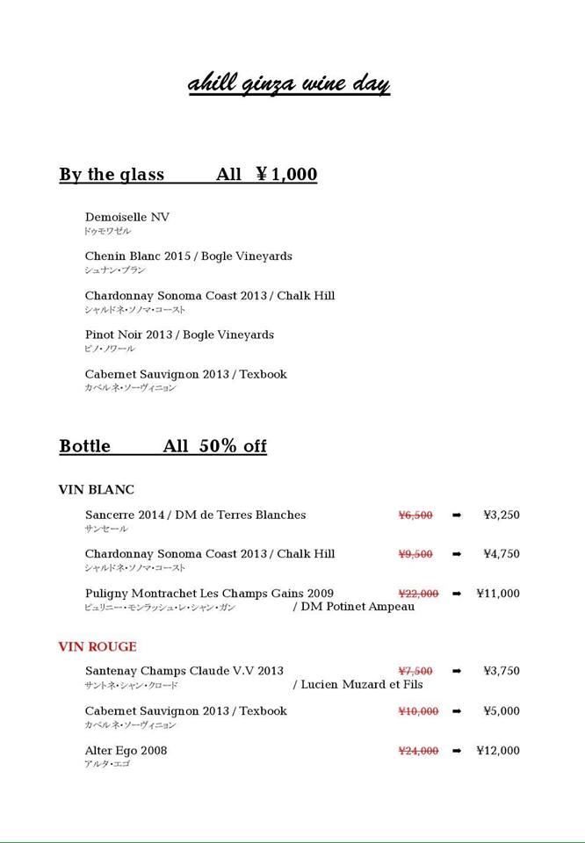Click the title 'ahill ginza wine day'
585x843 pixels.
point(288,84)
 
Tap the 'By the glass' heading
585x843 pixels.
point(112,175)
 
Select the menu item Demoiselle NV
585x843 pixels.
point(127,217)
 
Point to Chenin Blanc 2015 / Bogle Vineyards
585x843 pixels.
point(188,256)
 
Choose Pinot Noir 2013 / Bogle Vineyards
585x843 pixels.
point(179,335)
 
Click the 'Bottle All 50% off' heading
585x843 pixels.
point(162,446)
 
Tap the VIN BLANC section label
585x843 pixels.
point(97,490)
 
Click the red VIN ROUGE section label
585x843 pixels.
point(97,647)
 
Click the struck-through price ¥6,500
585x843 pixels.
point(415,515)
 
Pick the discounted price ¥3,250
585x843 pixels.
point(502,515)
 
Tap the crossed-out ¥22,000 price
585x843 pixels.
point(418,594)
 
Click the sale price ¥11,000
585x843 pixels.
point(498,594)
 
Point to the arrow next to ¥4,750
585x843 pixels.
point(457,554)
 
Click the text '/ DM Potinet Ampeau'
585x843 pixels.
point(354,607)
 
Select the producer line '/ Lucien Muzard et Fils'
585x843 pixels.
point(357,684)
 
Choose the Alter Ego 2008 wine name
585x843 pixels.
point(126,751)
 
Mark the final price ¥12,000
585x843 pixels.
point(498,751)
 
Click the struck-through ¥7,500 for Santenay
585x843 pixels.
point(415,671)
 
